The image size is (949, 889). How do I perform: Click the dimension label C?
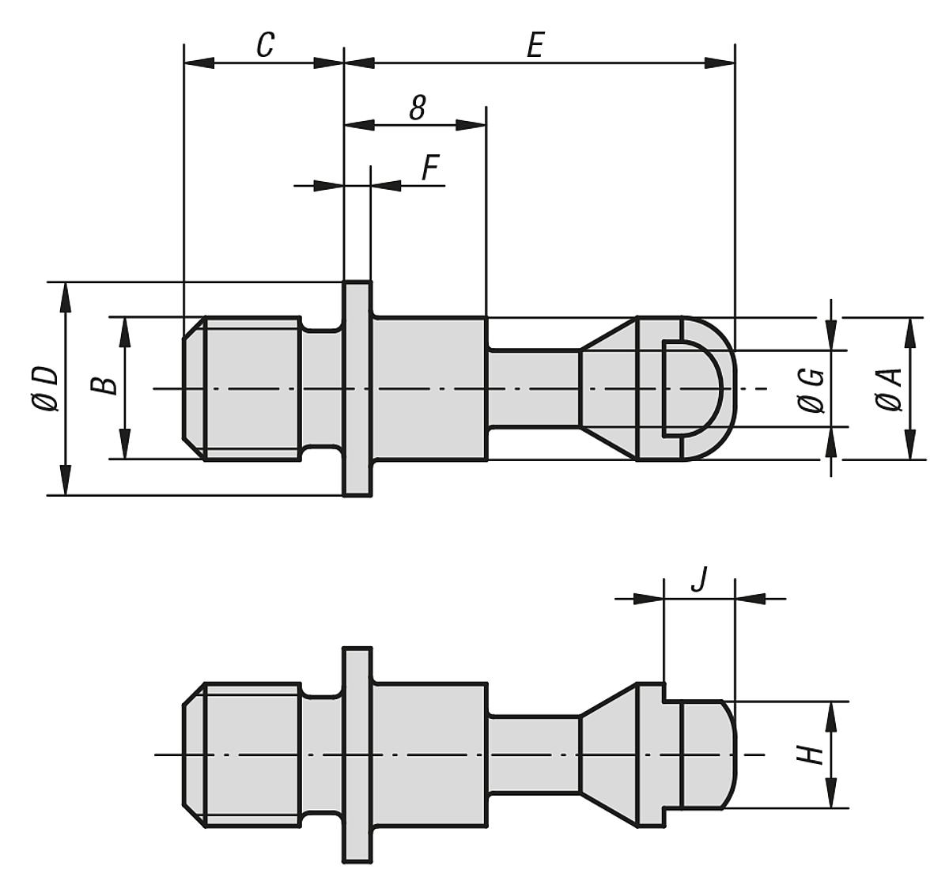[265, 45]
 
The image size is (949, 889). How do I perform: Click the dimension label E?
[535, 45]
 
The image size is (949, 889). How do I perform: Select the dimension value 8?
[417, 108]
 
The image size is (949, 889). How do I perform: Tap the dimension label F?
[429, 168]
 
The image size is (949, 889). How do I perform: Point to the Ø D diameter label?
[44, 388]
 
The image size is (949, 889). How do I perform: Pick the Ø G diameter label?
[812, 390]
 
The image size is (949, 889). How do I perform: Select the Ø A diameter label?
[889, 390]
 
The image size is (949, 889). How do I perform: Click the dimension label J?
[698, 580]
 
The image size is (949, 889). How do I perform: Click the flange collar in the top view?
[357, 388]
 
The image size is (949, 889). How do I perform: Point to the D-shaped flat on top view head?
[690, 388]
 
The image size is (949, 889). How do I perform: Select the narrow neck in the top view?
[533, 388]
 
